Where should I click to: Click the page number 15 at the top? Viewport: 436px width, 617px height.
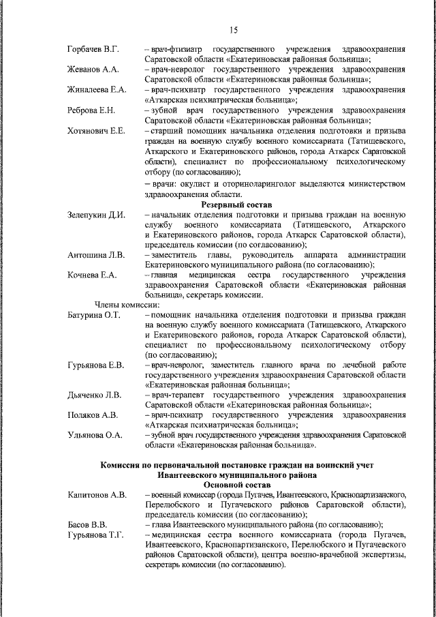234,29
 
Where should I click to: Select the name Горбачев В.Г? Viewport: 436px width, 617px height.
93,50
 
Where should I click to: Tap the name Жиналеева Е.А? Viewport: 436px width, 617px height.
97,89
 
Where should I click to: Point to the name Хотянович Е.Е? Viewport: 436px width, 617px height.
95,130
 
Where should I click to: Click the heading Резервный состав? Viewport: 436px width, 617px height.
236,205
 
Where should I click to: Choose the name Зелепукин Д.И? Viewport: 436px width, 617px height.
96,215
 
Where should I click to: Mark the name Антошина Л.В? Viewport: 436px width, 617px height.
95,255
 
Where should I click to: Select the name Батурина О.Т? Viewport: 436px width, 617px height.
94,315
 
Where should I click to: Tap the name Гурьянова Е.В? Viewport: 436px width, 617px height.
96,365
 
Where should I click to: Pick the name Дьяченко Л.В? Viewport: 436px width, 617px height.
95,395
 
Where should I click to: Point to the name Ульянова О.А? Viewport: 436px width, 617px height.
95,435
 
